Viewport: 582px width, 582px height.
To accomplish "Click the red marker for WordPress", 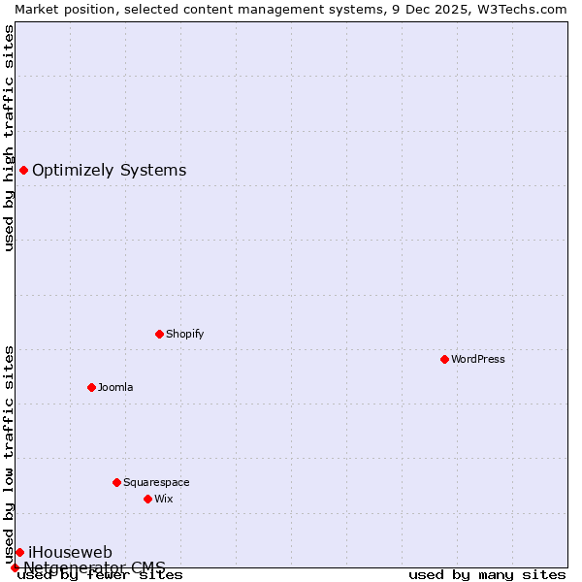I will pyautogui.click(x=444, y=359).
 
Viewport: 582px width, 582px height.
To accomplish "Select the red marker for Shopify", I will pyautogui.click(x=159, y=334).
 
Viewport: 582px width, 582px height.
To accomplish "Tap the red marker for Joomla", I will pyautogui.click(x=91, y=387).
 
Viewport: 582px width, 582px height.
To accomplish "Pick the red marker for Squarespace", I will pyautogui.click(x=116, y=482).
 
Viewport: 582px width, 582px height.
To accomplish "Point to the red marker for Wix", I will pyautogui.click(x=147, y=499).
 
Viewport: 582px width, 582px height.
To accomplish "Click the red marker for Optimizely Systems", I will pyautogui.click(x=23, y=171).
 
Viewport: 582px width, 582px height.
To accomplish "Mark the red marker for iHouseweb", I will pyautogui.click(x=19, y=552).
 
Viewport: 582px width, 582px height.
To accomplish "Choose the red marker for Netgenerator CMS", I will pyautogui.click(x=15, y=567).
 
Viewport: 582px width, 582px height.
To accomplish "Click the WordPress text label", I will pyautogui.click(x=478, y=359).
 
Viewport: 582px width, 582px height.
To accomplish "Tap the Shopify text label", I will pyautogui.click(x=184, y=334).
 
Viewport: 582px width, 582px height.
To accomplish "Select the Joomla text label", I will pyautogui.click(x=115, y=387).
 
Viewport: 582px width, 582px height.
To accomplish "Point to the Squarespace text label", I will pyautogui.click(x=156, y=482).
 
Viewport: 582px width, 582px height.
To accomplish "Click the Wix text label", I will pyautogui.click(x=163, y=499).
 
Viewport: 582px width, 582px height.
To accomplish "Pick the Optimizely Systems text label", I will pyautogui.click(x=109, y=171).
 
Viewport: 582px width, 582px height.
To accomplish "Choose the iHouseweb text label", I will pyautogui.click(x=70, y=552).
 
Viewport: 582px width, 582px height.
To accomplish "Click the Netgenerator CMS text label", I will pyautogui.click(x=94, y=566).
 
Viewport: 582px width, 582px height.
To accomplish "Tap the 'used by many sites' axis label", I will pyautogui.click(x=487, y=574).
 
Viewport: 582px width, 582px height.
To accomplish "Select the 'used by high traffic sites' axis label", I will pyautogui.click(x=9, y=138).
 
